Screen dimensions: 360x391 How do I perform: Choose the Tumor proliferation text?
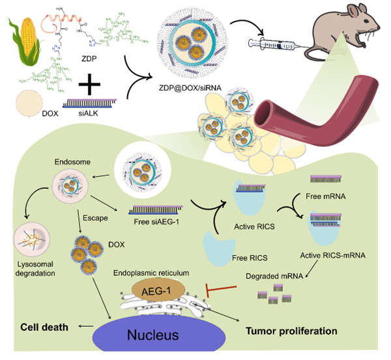[291, 331]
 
